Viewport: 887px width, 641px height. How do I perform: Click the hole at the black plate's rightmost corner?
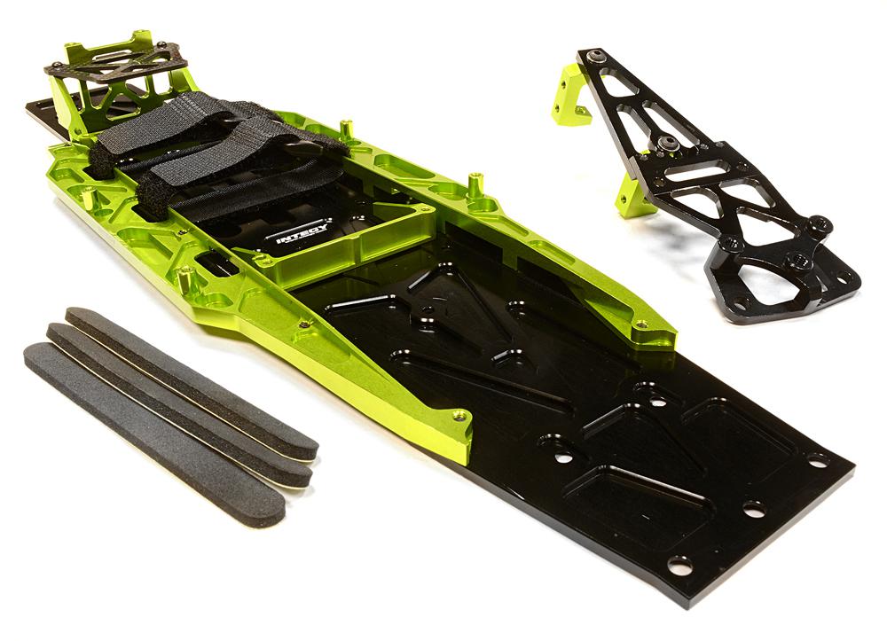[x=817, y=460]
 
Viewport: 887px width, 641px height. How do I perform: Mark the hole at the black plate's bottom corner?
[x=680, y=564]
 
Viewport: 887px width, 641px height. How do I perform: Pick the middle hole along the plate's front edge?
[x=753, y=510]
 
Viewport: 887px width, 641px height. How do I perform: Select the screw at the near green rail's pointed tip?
[x=459, y=416]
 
